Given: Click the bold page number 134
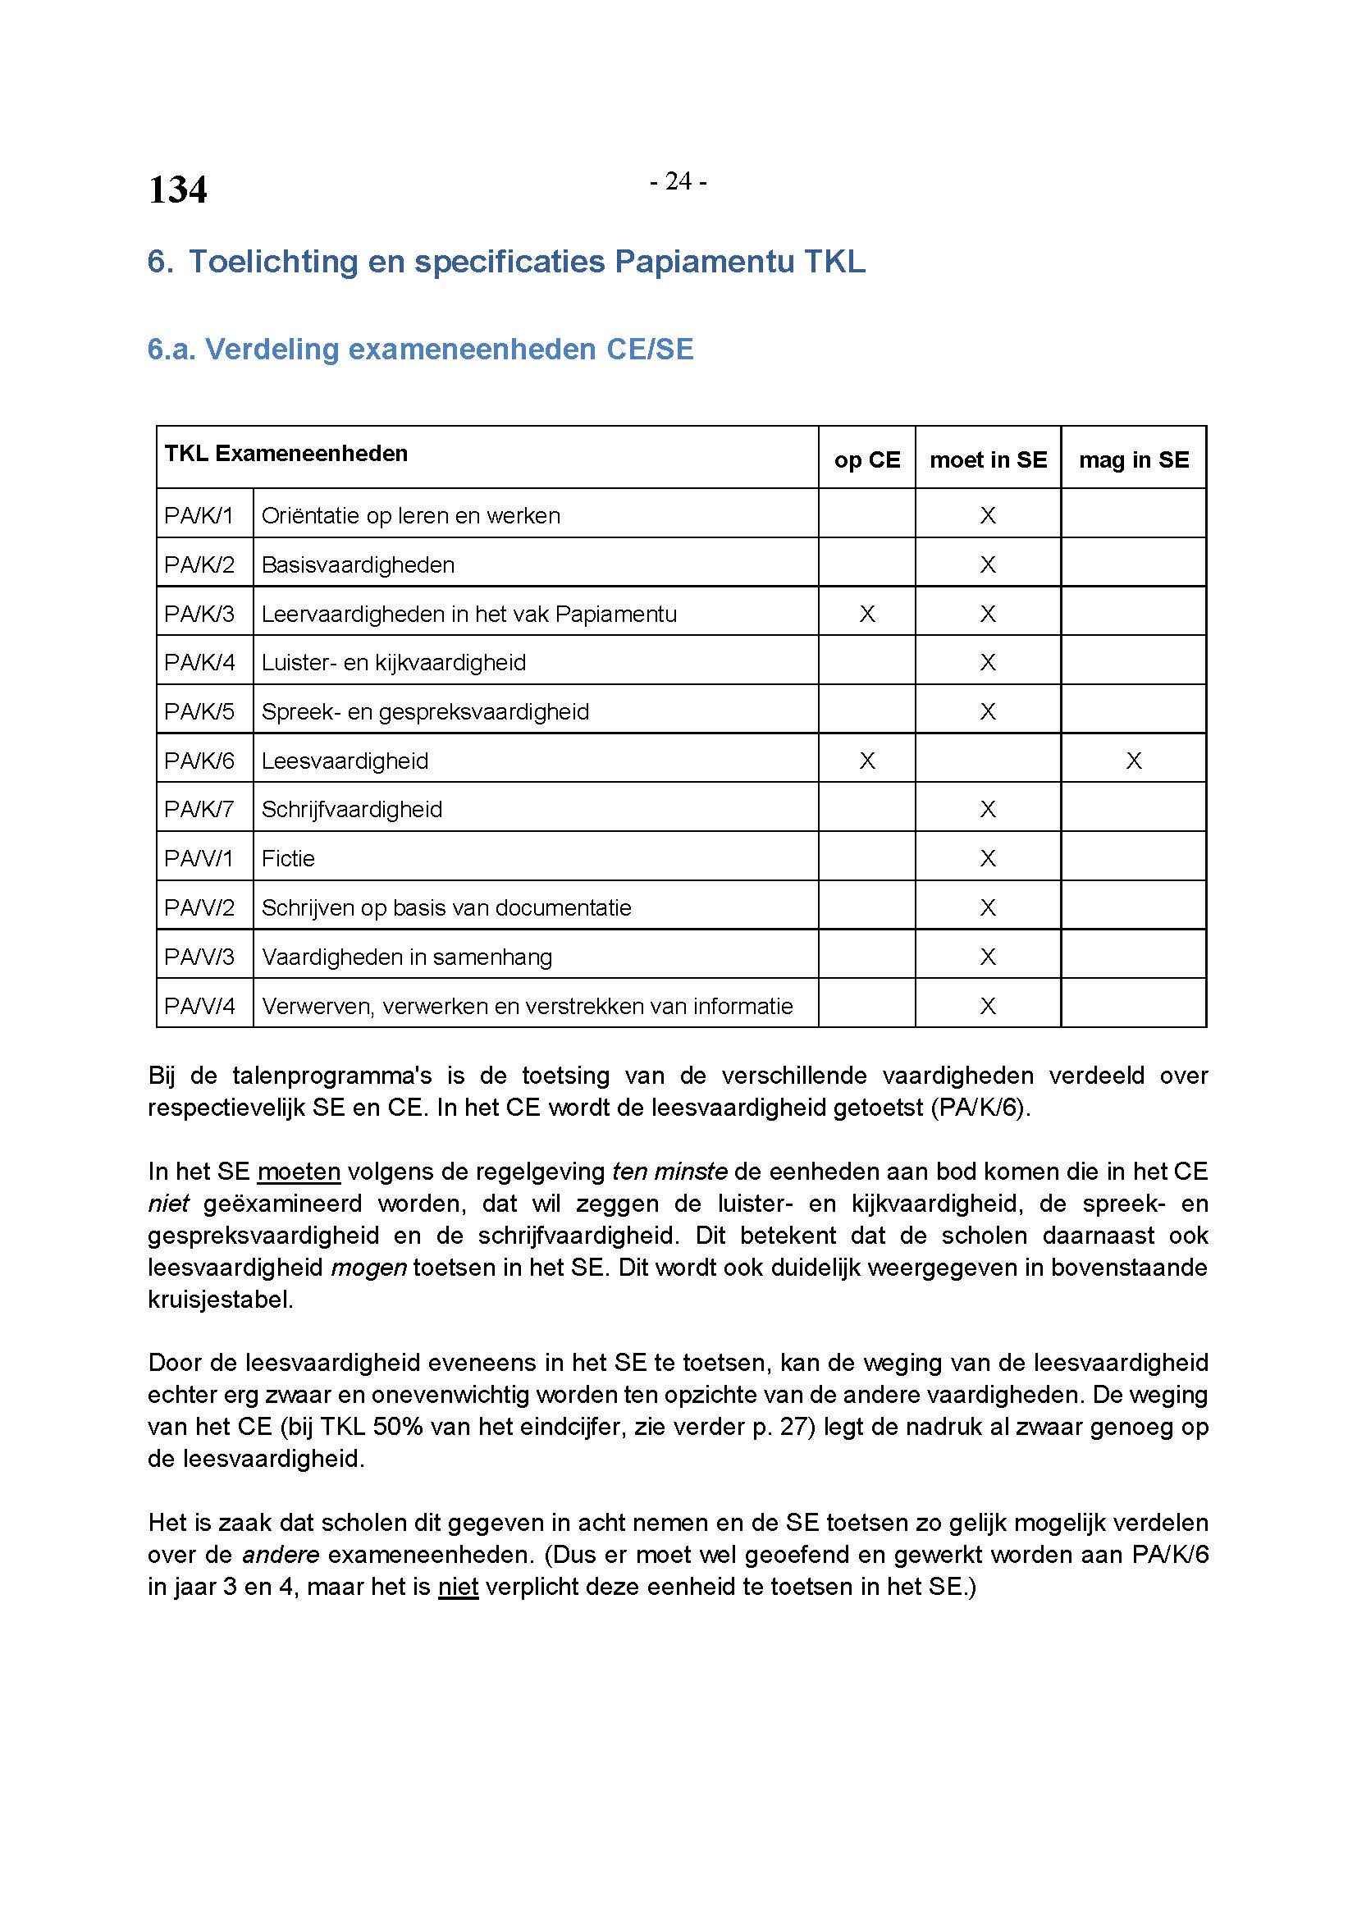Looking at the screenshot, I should (x=177, y=190).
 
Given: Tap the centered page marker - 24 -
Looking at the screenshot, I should (x=678, y=181).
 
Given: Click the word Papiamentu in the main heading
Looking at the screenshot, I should (x=705, y=262).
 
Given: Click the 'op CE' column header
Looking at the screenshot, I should (x=866, y=459).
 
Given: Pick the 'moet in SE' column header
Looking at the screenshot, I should (x=988, y=459).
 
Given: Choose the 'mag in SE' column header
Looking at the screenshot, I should (x=1133, y=459).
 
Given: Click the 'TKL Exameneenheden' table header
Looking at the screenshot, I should (x=286, y=454).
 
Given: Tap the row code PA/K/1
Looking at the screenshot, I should (x=199, y=516).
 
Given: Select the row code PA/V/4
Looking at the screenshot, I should (x=199, y=1006).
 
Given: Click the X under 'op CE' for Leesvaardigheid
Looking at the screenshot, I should (x=866, y=761).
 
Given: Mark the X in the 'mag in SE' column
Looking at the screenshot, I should (x=1133, y=761).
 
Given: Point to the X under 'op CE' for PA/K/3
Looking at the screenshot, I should (x=866, y=615).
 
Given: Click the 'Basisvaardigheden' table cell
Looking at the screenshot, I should (x=358, y=565).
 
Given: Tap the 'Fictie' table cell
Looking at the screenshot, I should (x=287, y=858).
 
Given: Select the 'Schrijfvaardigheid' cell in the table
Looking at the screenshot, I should (x=352, y=809).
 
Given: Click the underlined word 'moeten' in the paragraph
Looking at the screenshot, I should (x=299, y=1172).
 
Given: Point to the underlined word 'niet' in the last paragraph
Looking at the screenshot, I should (x=458, y=1587).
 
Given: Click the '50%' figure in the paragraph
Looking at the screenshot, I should (x=401, y=1427).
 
